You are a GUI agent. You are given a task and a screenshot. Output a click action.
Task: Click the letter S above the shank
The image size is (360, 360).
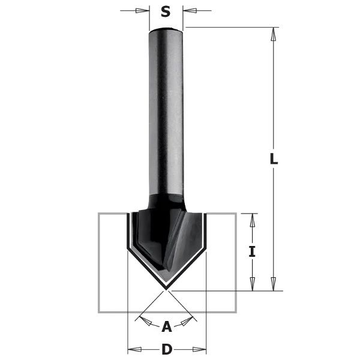[166, 11]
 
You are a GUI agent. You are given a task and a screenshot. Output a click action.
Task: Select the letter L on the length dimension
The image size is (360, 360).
[274, 159]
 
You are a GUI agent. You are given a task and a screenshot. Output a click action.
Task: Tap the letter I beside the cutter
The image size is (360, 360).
[252, 252]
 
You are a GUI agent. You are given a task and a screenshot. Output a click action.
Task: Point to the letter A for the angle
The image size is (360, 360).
[167, 326]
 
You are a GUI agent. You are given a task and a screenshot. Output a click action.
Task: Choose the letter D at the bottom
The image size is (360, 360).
[167, 349]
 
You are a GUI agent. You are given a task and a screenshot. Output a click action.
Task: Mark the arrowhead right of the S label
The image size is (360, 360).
[190, 11]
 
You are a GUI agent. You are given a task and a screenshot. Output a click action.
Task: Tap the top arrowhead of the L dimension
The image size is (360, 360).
[274, 34]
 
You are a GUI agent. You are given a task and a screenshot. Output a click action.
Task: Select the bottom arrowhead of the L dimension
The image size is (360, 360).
[274, 284]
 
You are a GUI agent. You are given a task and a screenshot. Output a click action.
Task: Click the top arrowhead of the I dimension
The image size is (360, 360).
[252, 220]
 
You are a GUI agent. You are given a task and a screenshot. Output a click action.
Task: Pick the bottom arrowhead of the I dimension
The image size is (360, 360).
[252, 284]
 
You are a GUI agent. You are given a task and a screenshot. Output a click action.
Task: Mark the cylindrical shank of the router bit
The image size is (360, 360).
[166, 108]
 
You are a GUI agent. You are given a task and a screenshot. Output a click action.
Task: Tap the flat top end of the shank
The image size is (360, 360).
[166, 28]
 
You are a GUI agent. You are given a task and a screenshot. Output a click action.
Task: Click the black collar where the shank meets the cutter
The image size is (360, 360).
[166, 200]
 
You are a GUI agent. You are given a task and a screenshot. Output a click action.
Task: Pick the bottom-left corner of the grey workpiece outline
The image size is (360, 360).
[100, 311]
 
